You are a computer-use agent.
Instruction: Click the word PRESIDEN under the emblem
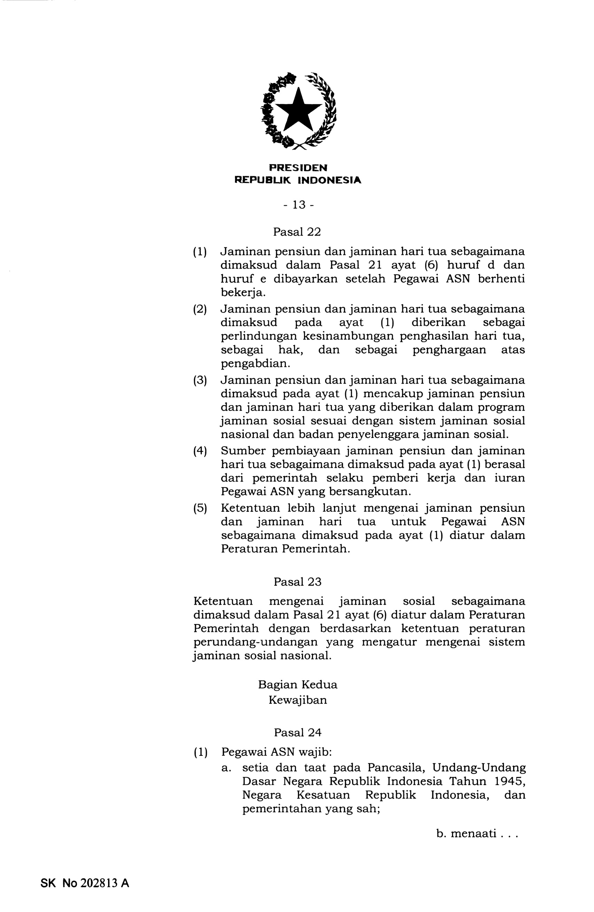click(x=298, y=168)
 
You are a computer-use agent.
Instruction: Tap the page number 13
click(x=298, y=205)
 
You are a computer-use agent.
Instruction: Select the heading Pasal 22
click(x=297, y=232)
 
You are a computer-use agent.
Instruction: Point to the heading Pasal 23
click(x=297, y=582)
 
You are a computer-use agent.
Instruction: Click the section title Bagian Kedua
click(x=297, y=684)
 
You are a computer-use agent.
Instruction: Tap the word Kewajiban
click(x=297, y=700)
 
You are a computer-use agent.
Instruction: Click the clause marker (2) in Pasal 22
click(x=200, y=309)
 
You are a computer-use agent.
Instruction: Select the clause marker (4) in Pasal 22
click(x=200, y=451)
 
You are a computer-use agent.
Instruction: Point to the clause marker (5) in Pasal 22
click(x=200, y=508)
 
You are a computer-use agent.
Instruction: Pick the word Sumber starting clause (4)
click(x=243, y=451)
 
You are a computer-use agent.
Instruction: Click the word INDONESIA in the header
click(x=329, y=180)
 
